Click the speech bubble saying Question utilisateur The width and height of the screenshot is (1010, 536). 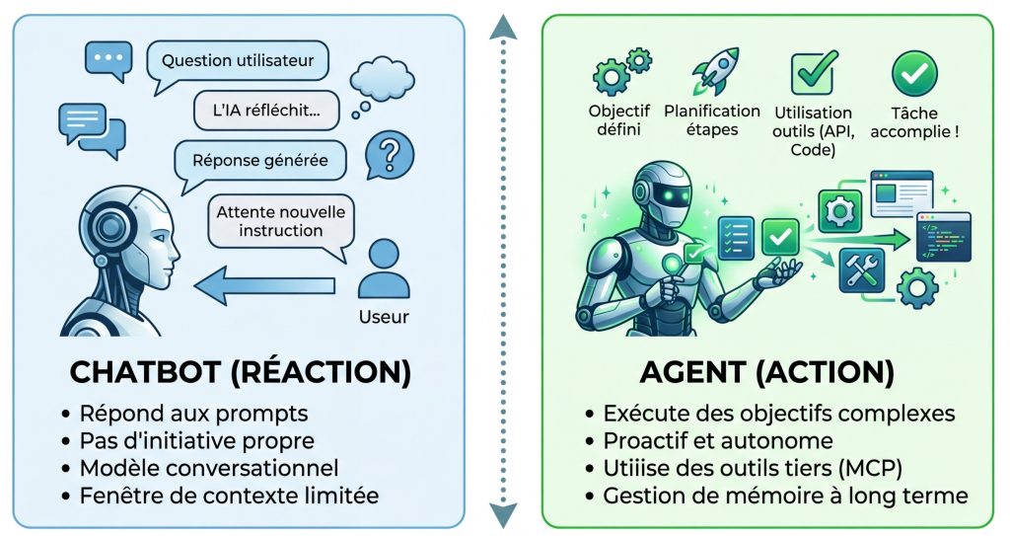pyautogui.click(x=238, y=60)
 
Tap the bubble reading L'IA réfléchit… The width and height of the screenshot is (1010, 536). pyautogui.click(x=266, y=110)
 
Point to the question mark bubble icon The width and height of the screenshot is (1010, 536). pyautogui.click(x=389, y=156)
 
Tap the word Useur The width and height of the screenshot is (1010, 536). pyautogui.click(x=384, y=317)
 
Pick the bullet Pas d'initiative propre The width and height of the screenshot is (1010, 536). pyautogui.click(x=197, y=440)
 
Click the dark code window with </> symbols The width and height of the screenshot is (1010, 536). pyautogui.click(x=942, y=236)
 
